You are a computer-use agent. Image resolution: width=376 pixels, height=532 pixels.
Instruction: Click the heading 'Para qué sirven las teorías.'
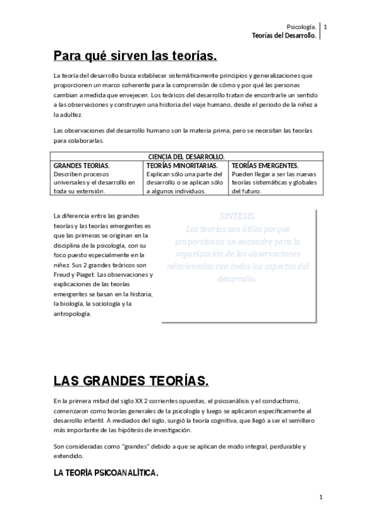coord(135,56)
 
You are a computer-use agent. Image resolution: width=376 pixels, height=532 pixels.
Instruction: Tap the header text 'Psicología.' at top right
coord(301,27)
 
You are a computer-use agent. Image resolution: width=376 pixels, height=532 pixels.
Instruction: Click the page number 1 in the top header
coord(325,27)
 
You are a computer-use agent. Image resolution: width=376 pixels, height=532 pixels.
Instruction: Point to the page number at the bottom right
coord(320,497)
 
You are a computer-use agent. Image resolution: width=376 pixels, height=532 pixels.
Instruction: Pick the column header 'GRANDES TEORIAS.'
coord(82,165)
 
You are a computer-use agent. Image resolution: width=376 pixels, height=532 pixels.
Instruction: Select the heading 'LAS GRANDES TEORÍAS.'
coord(131,381)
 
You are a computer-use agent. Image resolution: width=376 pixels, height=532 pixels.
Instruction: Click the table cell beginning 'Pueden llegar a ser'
coord(275,182)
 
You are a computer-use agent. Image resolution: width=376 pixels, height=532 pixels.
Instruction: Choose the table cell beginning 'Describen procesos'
coord(94,182)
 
